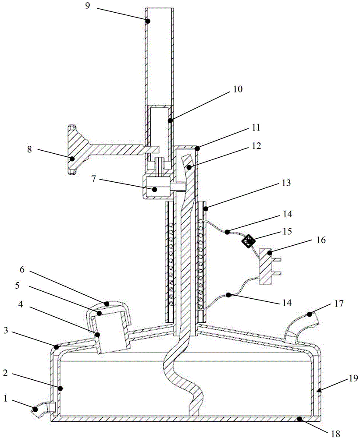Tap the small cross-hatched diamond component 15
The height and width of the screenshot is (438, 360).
[250, 240]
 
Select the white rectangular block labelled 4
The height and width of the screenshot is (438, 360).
[113, 335]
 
